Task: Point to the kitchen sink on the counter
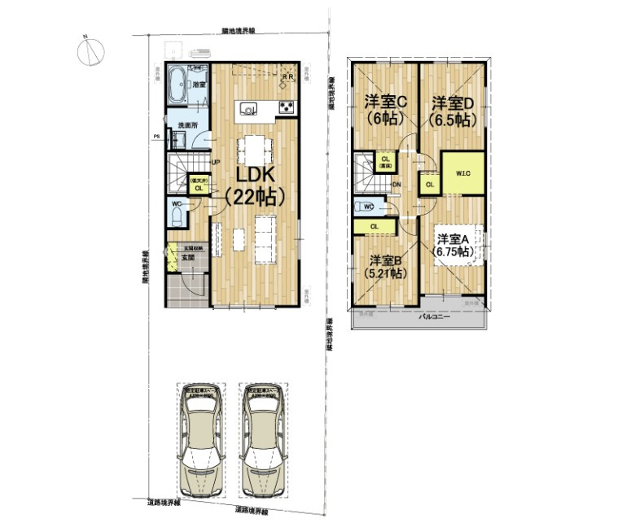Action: click(x=247, y=108)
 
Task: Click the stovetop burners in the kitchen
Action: click(x=287, y=108)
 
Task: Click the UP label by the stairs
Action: click(x=216, y=161)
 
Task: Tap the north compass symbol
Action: click(x=91, y=50)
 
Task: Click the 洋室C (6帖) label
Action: click(x=384, y=109)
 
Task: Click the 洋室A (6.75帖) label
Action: click(x=453, y=245)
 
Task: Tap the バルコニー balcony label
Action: click(x=435, y=318)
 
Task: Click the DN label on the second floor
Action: click(x=396, y=185)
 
